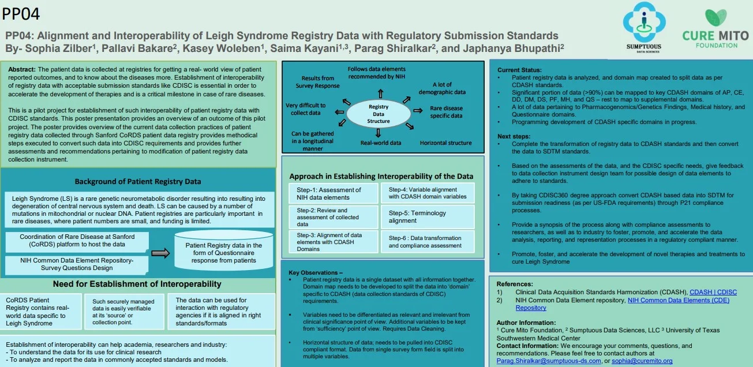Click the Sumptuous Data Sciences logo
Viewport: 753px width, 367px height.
click(x=644, y=28)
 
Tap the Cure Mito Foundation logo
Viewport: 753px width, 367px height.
click(x=715, y=29)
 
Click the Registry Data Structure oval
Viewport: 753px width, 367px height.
click(x=378, y=114)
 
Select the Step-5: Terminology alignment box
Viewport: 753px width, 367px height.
click(x=427, y=217)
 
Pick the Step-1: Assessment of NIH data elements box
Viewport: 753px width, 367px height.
click(x=333, y=193)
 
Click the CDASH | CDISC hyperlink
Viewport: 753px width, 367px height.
click(x=713, y=292)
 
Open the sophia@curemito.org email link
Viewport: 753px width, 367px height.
click(x=642, y=361)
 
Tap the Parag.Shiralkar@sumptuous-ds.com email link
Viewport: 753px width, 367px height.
click(x=549, y=361)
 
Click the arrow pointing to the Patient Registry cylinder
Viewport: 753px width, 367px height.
click(x=160, y=253)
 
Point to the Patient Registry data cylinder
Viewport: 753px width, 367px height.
click(x=223, y=250)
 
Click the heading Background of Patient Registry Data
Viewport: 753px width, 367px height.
click(x=138, y=182)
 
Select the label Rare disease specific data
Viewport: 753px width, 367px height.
click(x=446, y=112)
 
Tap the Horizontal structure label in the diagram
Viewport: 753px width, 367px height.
click(x=445, y=143)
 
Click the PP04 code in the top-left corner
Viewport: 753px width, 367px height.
click(x=21, y=14)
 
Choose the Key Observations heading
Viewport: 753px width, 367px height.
click(x=315, y=272)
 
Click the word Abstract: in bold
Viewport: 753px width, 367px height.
click(x=22, y=70)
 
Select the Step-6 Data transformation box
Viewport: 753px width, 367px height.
click(x=427, y=242)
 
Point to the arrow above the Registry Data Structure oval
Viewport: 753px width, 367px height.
click(x=380, y=93)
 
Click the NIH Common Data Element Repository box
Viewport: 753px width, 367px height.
click(x=77, y=264)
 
